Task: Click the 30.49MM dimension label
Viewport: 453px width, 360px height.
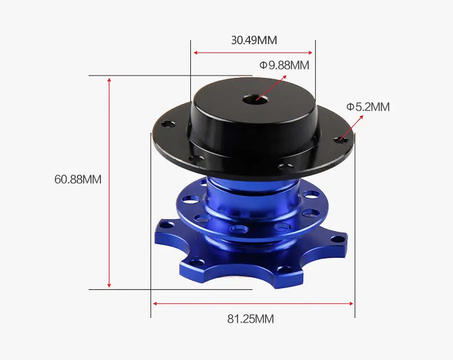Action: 254,40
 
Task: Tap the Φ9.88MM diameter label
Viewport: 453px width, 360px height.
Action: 284,65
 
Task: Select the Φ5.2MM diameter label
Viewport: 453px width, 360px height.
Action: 368,107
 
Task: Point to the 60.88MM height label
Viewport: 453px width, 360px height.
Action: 78,179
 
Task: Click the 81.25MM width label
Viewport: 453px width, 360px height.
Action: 251,319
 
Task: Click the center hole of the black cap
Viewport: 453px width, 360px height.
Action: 254,100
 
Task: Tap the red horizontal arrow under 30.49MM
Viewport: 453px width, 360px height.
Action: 253,53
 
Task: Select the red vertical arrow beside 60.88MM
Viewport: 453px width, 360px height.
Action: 109,182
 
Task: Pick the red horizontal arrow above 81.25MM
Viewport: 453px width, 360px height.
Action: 253,303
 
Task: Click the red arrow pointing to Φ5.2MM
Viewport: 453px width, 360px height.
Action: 352,127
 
